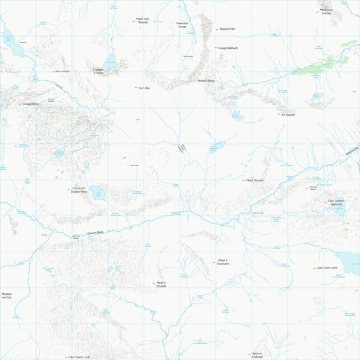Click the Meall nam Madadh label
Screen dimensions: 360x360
[x=143, y=21]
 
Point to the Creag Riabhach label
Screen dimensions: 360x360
[x=228, y=48]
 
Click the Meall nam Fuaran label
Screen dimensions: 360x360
[x=326, y=11]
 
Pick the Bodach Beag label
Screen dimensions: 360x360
[x=206, y=81]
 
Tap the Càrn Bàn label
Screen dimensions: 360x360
[x=144, y=88]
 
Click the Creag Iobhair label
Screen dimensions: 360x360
[x=30, y=104]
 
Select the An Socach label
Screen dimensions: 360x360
[x=288, y=115]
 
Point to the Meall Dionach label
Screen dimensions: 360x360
[x=255, y=180]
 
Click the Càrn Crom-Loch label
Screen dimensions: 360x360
[x=327, y=268]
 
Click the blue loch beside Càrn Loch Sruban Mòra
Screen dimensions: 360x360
[x=97, y=193]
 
